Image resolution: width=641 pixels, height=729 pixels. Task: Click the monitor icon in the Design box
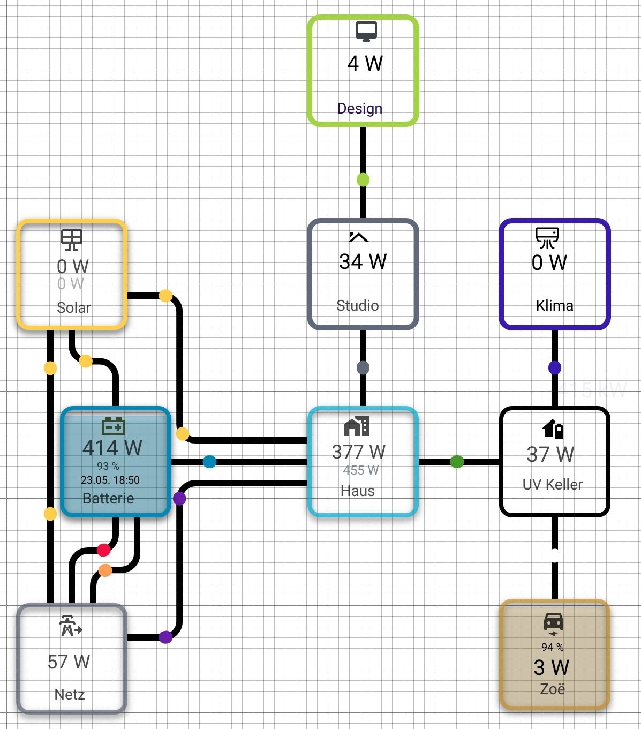(366, 31)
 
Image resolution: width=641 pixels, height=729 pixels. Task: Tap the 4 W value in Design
(365, 64)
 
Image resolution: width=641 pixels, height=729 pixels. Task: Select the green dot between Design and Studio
(363, 179)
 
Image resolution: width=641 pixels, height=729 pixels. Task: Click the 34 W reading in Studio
(363, 262)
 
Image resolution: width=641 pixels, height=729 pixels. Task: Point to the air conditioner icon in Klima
(547, 238)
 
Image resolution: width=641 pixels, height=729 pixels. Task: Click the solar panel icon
(71, 240)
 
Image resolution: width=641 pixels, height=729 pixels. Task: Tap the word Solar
(74, 307)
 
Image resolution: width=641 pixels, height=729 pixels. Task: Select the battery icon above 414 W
(114, 426)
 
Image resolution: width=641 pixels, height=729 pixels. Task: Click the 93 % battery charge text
(108, 466)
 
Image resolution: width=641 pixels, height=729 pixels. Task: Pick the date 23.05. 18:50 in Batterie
(110, 480)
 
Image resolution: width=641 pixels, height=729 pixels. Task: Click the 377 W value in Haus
(359, 452)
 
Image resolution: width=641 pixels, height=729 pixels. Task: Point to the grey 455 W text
(360, 470)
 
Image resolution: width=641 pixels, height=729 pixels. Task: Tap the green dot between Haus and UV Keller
(457, 461)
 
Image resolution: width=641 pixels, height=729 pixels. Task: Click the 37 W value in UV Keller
(550, 454)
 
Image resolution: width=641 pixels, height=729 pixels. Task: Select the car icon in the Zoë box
(554, 622)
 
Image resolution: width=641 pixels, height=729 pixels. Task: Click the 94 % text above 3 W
(553, 647)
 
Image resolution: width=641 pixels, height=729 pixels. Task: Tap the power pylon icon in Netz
(70, 626)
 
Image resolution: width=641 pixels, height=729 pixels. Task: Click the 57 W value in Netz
(69, 662)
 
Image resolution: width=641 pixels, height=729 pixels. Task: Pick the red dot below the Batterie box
(103, 550)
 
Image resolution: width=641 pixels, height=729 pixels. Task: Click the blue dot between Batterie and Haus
(209, 461)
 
